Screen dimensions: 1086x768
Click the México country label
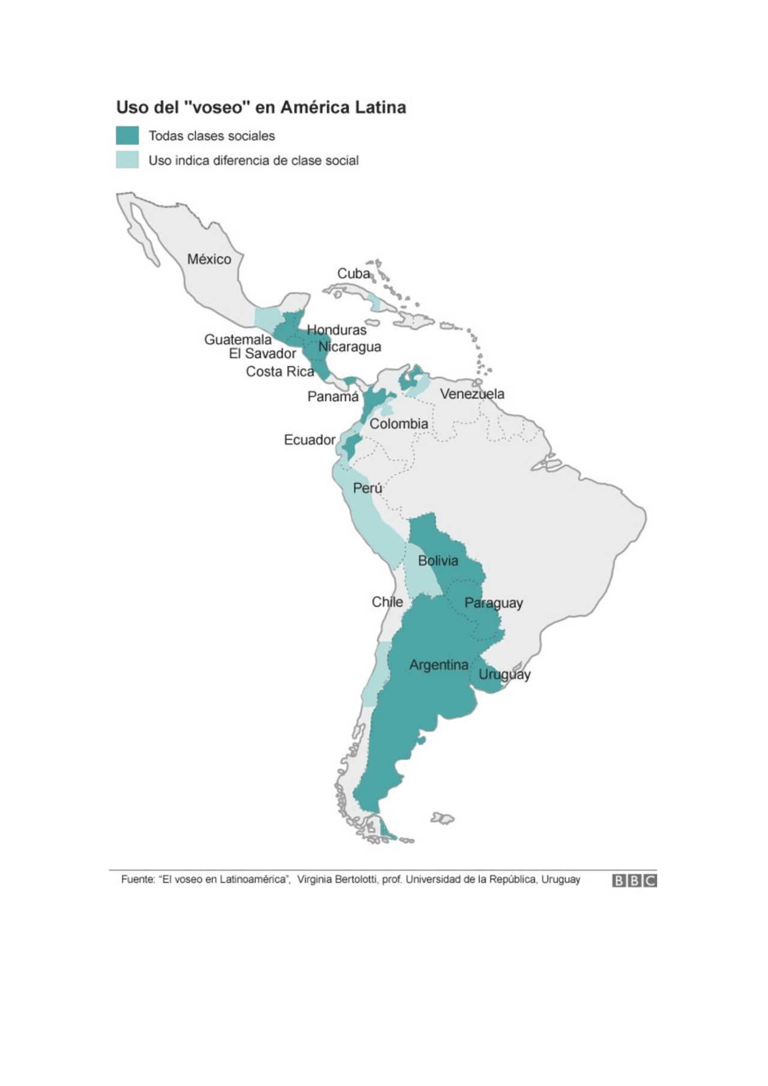click(x=209, y=259)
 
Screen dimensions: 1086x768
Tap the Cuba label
click(x=353, y=273)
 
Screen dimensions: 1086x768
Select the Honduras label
click(x=337, y=330)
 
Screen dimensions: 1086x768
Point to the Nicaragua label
click(x=349, y=347)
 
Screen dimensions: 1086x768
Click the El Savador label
click(x=262, y=354)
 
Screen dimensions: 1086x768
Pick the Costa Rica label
click(x=280, y=372)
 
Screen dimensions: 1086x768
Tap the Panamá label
click(x=333, y=396)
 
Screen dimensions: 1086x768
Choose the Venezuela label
click(x=472, y=394)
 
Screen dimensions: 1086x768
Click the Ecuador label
click(x=310, y=440)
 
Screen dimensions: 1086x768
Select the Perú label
click(x=367, y=488)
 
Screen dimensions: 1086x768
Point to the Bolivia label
click(x=438, y=561)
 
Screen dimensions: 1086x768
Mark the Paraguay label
click(x=493, y=603)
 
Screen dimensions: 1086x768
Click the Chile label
click(x=387, y=602)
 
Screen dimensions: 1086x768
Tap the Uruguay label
click(x=504, y=675)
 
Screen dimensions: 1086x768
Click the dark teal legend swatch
click(x=127, y=136)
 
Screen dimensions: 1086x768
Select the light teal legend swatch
click(x=127, y=160)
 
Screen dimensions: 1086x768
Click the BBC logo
click(x=634, y=880)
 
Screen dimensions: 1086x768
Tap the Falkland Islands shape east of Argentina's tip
click(x=442, y=818)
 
